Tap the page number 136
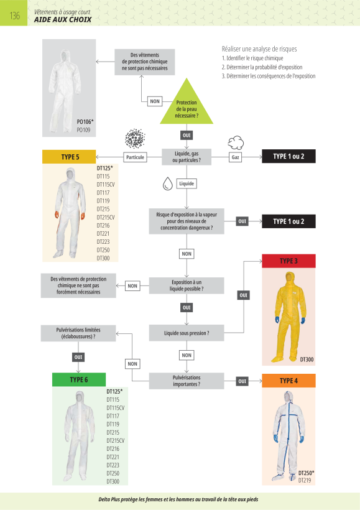coord(15,16)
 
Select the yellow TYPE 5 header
coord(69,157)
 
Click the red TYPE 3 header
coord(288,261)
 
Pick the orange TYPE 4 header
coord(288,381)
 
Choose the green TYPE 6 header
coord(79,379)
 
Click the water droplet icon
coord(167,183)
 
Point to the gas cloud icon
coord(236,142)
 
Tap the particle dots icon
coord(135,139)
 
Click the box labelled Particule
coord(135,157)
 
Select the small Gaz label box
coord(236,157)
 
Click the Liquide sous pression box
coord(187,333)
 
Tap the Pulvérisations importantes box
coord(187,381)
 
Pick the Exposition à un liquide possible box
coord(187,285)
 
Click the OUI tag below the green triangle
coord(187,135)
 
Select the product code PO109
coord(83,130)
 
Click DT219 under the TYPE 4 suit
coord(305,480)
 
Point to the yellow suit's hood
coord(289,279)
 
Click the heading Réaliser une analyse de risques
coord(259,49)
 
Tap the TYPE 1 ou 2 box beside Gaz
coord(288,157)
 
